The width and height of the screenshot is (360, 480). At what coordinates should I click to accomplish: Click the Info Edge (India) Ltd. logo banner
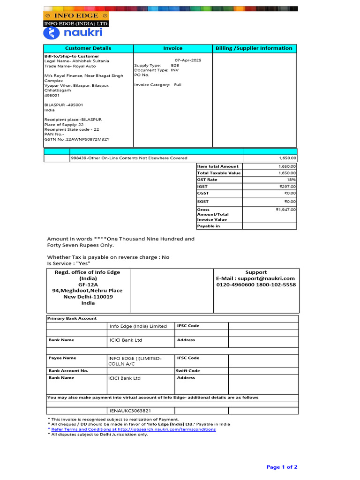click(76, 19)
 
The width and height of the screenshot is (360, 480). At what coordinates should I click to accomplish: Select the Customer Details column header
click(88, 48)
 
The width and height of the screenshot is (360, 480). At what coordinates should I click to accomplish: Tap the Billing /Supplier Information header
click(254, 48)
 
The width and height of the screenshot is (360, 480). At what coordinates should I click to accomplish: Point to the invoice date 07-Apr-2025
click(188, 60)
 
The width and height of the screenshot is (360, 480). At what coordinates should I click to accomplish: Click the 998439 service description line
click(129, 158)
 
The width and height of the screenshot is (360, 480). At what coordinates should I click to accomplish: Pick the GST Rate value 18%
click(291, 180)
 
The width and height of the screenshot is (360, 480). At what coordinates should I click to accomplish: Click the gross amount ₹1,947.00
click(286, 210)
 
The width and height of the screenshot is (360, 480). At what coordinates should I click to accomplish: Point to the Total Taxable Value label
click(218, 173)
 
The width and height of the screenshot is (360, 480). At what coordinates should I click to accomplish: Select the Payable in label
click(209, 226)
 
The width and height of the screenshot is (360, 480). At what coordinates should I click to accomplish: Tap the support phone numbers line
click(255, 285)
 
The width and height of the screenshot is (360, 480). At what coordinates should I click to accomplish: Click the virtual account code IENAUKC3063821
click(130, 411)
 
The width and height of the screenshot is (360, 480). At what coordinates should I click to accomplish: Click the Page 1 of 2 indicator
click(282, 467)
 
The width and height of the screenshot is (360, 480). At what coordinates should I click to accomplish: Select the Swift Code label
click(187, 371)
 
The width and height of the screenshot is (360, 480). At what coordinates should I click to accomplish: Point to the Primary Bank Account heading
click(72, 319)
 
